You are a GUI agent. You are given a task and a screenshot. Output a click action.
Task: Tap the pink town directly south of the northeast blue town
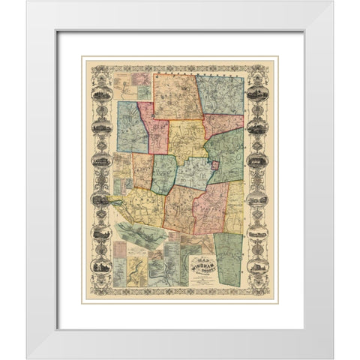click(x=223, y=124)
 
